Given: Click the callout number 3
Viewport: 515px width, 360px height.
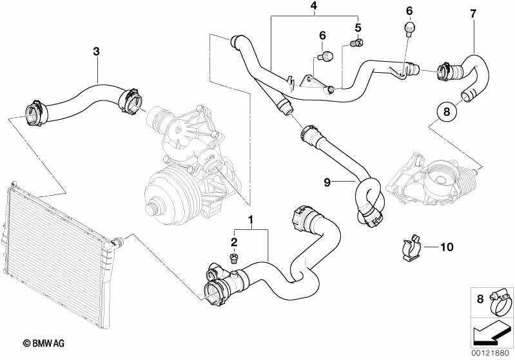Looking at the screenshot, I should (97, 50).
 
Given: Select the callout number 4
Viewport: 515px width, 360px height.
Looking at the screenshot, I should (314, 7).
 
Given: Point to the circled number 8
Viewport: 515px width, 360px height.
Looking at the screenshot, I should (444, 112).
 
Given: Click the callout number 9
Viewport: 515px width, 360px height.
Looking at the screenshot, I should (327, 182).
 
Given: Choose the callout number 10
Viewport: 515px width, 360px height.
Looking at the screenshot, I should (447, 246).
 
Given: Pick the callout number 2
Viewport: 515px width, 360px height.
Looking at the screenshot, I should (235, 242).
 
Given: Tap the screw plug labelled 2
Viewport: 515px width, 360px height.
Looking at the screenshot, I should (233, 259).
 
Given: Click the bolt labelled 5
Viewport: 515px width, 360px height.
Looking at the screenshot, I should (354, 43).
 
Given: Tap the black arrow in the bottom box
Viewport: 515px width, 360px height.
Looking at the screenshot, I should (489, 332).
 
